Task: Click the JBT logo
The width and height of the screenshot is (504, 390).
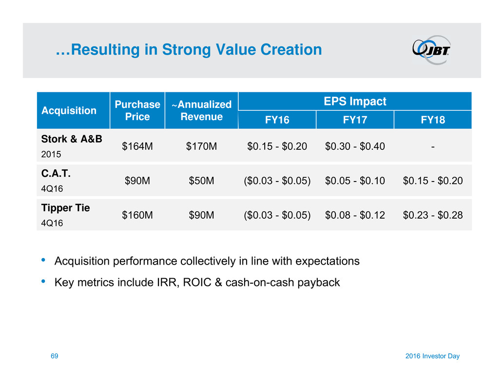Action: [x=431, y=50]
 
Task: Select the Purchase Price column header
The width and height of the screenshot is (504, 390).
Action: [x=137, y=110]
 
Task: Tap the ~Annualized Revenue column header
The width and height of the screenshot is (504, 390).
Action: [x=201, y=110]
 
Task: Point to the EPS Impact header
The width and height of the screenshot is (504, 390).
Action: [x=355, y=102]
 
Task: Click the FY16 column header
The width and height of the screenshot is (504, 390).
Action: [x=277, y=120]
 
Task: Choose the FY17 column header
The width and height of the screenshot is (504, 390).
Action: [x=355, y=120]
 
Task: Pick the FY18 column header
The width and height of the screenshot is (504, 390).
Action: [x=433, y=120]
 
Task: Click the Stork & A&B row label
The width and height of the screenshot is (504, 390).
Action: [x=72, y=139]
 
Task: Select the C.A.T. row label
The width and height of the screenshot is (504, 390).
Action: [x=56, y=173]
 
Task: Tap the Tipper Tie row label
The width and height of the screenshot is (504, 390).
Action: [x=66, y=208]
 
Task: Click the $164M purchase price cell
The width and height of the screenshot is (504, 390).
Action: [x=137, y=146]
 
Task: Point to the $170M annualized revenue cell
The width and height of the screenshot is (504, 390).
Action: [x=201, y=146]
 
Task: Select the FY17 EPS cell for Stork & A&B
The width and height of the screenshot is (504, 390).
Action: [x=355, y=146]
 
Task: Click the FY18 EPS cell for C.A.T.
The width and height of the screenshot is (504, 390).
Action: [x=433, y=181]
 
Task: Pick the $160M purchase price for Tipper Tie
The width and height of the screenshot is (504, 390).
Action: [x=137, y=215]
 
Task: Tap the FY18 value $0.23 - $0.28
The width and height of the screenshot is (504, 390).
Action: [x=433, y=215]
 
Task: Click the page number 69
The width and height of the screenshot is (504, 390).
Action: [x=54, y=356]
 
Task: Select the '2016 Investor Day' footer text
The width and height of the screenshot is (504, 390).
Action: [x=432, y=356]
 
